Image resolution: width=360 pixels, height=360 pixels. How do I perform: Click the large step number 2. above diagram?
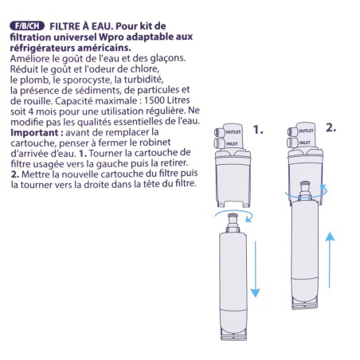[331, 127]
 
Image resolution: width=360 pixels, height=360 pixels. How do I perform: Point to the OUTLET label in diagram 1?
[233, 130]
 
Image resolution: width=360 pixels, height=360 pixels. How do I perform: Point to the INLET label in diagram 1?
[233, 144]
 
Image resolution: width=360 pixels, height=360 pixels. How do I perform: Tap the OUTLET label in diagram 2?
[306, 129]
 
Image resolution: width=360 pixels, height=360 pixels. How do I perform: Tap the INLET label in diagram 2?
[306, 141]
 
